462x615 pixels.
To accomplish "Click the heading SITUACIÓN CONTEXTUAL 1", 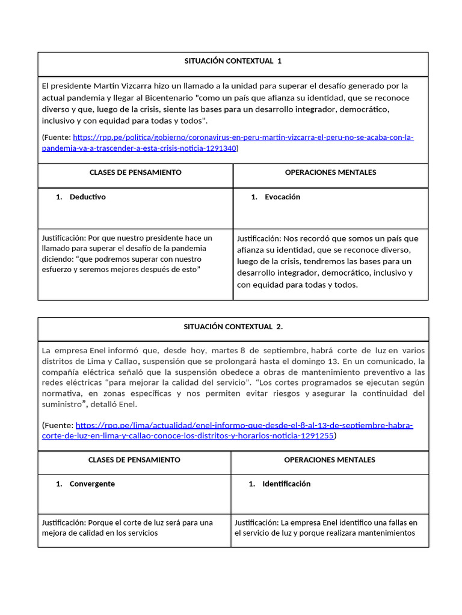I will click(x=233, y=61).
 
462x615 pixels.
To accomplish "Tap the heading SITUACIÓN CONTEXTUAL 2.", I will click(x=233, y=327).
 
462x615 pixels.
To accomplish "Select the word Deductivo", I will click(x=87, y=197).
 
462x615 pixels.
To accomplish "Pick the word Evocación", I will click(x=282, y=197).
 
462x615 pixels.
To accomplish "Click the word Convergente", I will click(x=92, y=483).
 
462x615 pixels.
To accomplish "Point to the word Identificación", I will click(x=286, y=483).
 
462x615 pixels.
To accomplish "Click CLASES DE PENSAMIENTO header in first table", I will click(x=135, y=172).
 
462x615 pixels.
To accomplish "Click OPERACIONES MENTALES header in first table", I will click(x=330, y=172).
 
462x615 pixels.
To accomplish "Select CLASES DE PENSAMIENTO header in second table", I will click(x=134, y=460).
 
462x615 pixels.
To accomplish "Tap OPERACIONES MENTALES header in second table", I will click(x=329, y=460).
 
